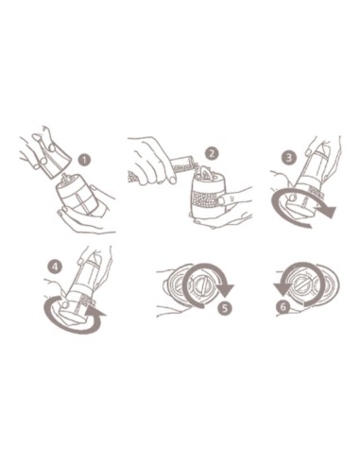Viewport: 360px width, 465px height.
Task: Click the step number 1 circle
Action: point(84,160)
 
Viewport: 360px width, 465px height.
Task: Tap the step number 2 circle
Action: point(212,154)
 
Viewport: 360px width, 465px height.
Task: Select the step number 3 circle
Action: point(289,157)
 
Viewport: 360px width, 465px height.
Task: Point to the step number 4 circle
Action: point(55,267)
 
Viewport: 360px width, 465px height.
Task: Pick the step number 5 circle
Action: point(225,308)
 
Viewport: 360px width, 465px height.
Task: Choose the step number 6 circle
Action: point(283,306)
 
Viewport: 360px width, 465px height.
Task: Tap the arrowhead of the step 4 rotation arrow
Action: point(96,311)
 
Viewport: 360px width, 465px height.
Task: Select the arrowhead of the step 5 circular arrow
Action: point(226,290)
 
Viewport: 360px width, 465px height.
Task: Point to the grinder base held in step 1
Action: point(78,197)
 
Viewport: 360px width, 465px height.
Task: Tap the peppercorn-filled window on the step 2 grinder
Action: point(205,199)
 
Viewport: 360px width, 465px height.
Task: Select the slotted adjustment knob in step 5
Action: point(200,285)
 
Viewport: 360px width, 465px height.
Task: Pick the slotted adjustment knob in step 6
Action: point(301,284)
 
